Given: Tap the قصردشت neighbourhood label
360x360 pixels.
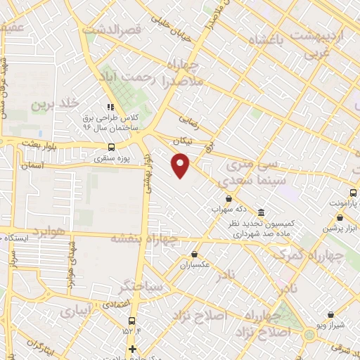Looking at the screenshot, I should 112,30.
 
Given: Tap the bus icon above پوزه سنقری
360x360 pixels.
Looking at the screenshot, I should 111,148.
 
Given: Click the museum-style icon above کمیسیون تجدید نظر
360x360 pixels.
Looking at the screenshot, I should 261,212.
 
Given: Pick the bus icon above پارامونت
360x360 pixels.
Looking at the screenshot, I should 354,193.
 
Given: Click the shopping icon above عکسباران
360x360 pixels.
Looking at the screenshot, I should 194,255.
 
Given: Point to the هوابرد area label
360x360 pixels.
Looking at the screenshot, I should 49,231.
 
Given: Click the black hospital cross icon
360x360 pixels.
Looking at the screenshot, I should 131,349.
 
